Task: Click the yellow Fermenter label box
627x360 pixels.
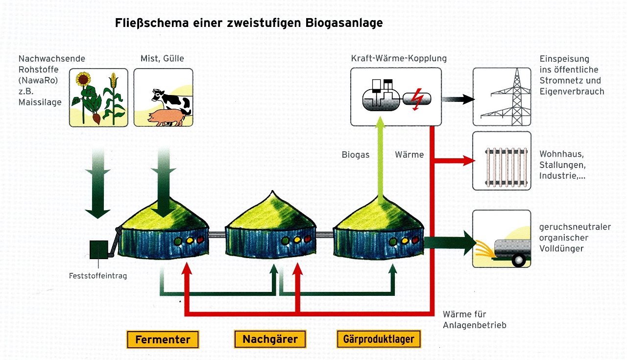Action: pos(163,339)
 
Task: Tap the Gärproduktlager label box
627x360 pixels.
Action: pos(379,339)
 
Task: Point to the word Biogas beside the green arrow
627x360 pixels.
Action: pos(356,155)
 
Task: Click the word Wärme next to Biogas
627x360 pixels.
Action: pos(409,155)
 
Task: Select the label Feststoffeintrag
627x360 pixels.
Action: pos(98,276)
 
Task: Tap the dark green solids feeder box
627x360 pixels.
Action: pos(99,249)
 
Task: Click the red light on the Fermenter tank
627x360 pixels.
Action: pos(199,240)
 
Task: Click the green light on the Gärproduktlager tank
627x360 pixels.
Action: pos(393,240)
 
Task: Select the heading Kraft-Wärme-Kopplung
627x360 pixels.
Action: pos(399,58)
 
